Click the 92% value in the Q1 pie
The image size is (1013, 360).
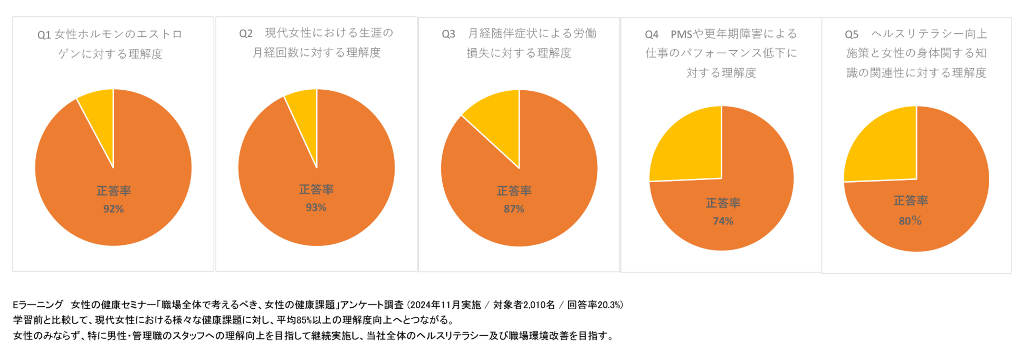pos(113,209)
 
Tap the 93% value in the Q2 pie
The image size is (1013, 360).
pos(316,207)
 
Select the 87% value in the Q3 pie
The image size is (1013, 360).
pos(514,209)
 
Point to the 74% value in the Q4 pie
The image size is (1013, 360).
pos(723,221)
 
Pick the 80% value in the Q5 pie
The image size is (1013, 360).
pos(910,221)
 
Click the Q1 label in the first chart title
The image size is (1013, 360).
pos(44,35)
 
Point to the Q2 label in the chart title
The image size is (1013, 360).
pos(246,34)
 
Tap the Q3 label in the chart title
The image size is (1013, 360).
pos(448,34)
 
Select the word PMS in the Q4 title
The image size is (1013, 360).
pos(681,35)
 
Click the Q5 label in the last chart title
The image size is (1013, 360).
pos(852,35)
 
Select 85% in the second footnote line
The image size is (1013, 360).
pos(304,320)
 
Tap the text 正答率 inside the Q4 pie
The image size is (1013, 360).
pos(723,203)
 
